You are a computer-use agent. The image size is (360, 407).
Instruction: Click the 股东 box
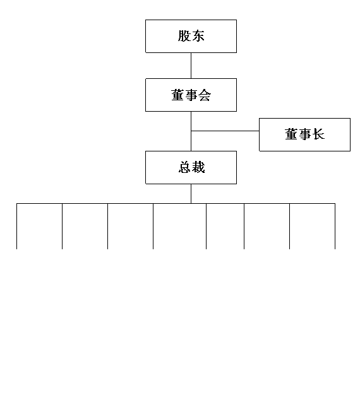pos(191,36)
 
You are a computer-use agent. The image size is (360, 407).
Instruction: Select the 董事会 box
pos(191,95)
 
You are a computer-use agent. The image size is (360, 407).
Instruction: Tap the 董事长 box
pos(304,134)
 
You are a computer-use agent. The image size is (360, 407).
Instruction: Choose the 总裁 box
pos(191,167)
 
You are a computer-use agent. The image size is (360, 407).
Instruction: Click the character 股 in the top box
pos(184,36)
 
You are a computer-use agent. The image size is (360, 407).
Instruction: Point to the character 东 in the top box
pos(198,36)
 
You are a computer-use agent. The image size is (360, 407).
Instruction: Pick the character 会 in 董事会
pos(205,95)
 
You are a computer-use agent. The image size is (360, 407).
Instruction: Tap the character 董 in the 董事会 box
pos(177,95)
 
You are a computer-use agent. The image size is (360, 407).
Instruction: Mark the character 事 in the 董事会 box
pos(191,95)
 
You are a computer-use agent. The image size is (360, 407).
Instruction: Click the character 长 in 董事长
pos(318,134)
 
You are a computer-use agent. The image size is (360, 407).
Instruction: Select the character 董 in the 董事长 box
pos(291,134)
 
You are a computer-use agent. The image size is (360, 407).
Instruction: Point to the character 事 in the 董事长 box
pos(304,134)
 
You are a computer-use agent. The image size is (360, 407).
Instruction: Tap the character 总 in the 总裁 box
pos(184,167)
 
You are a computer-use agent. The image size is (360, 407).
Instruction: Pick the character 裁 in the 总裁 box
pos(198,167)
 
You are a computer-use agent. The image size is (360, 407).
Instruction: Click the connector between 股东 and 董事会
pos(191,66)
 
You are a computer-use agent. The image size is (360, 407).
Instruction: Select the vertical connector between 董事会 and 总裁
pos(191,131)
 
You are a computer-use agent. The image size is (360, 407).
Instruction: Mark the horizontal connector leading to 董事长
pos(225,131)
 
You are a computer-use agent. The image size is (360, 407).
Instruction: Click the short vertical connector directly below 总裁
pos(191,194)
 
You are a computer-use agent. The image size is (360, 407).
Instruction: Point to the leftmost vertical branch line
pos(16,226)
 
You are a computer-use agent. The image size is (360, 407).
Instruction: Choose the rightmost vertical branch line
pos(335,226)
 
